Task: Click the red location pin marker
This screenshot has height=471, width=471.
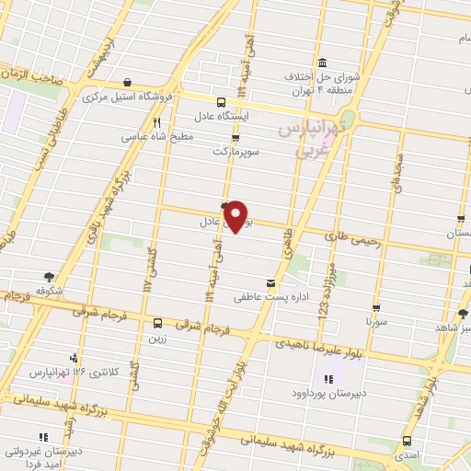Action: click(x=237, y=215)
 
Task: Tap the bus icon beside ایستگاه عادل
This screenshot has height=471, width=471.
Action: click(x=220, y=102)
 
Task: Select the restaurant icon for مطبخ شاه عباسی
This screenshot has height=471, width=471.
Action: click(x=158, y=122)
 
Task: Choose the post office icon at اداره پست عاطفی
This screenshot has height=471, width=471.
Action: click(x=270, y=282)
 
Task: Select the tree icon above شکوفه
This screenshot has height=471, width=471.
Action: click(x=47, y=274)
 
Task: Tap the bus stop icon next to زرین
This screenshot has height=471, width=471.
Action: click(x=157, y=323)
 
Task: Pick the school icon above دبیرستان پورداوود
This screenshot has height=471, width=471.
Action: click(x=328, y=379)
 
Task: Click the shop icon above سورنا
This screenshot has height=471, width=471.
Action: click(x=376, y=308)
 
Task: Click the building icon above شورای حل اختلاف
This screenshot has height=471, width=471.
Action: click(x=322, y=63)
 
